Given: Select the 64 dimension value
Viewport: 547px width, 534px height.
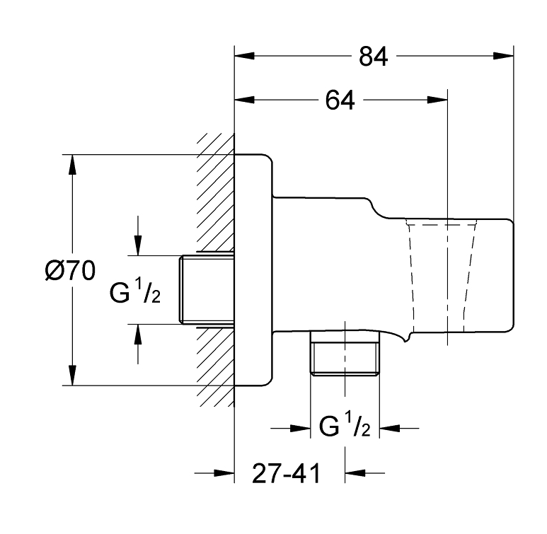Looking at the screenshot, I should click(x=340, y=100).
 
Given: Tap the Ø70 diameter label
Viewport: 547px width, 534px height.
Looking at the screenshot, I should click(x=69, y=271).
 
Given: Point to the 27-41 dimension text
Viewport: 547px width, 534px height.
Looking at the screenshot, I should click(x=286, y=473).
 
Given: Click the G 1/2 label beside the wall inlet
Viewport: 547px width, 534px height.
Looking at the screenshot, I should click(x=135, y=290).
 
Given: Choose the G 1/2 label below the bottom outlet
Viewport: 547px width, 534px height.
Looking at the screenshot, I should click(x=344, y=427).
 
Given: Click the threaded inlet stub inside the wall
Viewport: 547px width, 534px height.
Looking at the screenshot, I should click(x=207, y=289).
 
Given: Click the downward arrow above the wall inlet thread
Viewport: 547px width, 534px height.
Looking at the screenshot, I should click(x=138, y=245).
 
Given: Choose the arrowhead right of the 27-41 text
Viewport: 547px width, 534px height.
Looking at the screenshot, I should click(x=354, y=473).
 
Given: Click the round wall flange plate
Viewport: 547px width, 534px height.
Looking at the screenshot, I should click(x=253, y=270).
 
